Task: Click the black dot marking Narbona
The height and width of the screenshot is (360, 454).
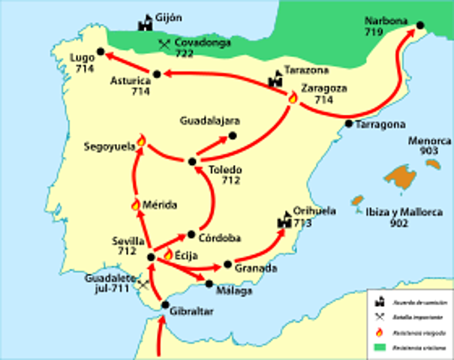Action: (x=420, y=25)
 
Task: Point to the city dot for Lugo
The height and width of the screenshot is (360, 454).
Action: (x=101, y=52)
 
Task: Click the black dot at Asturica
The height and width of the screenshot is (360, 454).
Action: (x=157, y=73)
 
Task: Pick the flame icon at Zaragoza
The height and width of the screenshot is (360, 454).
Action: (x=293, y=97)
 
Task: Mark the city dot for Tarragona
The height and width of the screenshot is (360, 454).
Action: (x=349, y=123)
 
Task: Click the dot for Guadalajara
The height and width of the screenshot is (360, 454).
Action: (x=232, y=135)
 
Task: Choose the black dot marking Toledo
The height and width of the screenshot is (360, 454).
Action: (x=192, y=160)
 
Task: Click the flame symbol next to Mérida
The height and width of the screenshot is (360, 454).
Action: (x=135, y=204)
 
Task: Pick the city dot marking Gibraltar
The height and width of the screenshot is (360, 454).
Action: (x=166, y=304)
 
